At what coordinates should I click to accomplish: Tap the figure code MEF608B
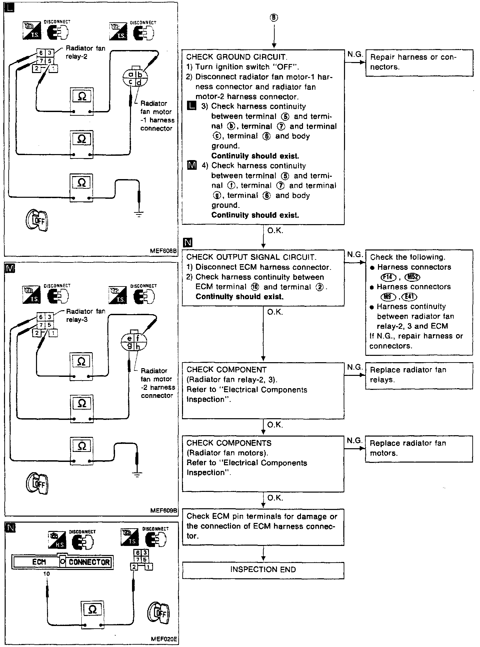pyautogui.click(x=163, y=251)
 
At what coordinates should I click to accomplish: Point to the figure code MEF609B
pyautogui.click(x=164, y=511)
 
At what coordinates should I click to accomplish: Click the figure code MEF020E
pyautogui.click(x=164, y=639)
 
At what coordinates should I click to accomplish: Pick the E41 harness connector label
pyautogui.click(x=410, y=297)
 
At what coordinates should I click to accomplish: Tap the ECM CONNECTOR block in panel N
pyautogui.click(x=62, y=562)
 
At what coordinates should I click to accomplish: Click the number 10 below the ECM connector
pyautogui.click(x=47, y=574)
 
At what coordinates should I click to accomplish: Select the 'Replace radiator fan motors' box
pyautogui.click(x=419, y=448)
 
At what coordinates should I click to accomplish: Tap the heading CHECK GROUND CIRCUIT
pyautogui.click(x=237, y=57)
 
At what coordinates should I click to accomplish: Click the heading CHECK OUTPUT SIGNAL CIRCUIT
pyautogui.click(x=251, y=257)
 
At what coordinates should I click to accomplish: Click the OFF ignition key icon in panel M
pyautogui.click(x=37, y=483)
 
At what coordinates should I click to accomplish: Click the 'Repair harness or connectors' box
pyautogui.click(x=419, y=62)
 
